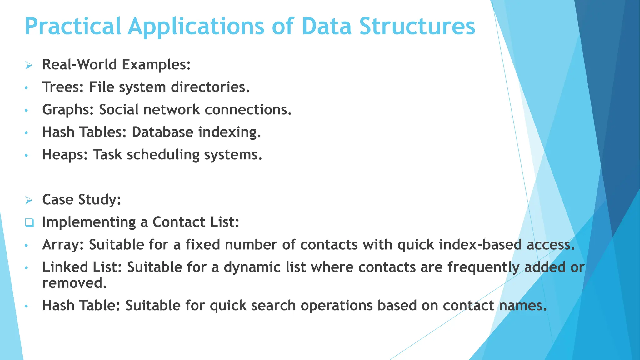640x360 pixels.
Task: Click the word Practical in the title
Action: coord(72,26)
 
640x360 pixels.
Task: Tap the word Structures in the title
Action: coord(417,26)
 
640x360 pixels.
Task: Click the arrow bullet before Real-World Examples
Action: coord(29,65)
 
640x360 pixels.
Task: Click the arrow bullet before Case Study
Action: coord(29,200)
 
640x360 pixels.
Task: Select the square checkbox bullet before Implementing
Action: coord(29,223)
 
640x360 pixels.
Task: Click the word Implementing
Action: coord(89,223)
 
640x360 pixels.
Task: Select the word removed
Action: coord(74,283)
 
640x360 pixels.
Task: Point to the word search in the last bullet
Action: coord(273,306)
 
